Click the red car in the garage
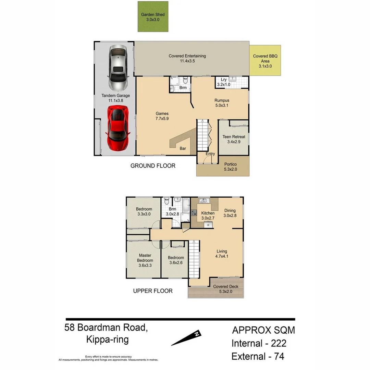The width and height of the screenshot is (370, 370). [118, 128]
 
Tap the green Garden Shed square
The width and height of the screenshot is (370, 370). [153, 17]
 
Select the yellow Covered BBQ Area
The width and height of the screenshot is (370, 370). [265, 61]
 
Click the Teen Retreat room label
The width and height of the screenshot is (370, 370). [234, 139]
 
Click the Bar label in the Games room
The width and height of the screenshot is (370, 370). [183, 149]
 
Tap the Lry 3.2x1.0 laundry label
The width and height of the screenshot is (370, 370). [224, 82]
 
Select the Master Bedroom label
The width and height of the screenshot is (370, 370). [145, 260]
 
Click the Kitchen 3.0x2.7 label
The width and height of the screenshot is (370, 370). [208, 215]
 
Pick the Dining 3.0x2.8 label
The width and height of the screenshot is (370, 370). [230, 213]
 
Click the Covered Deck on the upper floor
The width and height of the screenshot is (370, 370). [225, 289]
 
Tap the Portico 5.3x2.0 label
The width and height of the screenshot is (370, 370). [230, 166]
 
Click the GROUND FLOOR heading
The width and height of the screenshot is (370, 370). [153, 166]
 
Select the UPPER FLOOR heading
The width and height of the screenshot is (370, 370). [152, 291]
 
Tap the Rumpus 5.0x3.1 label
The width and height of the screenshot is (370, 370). [222, 103]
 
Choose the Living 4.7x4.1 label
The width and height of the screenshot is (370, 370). [222, 254]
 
